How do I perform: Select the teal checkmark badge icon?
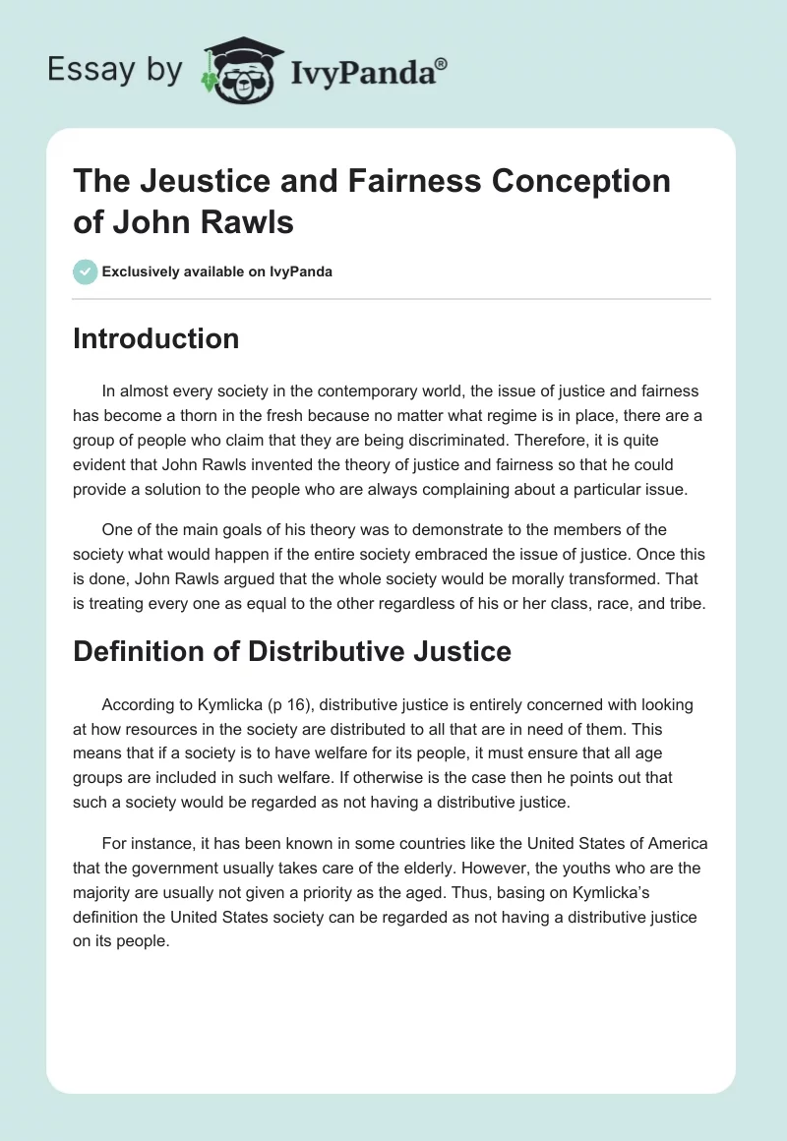(86, 271)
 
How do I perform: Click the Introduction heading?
(155, 338)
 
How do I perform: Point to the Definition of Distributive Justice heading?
(292, 650)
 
